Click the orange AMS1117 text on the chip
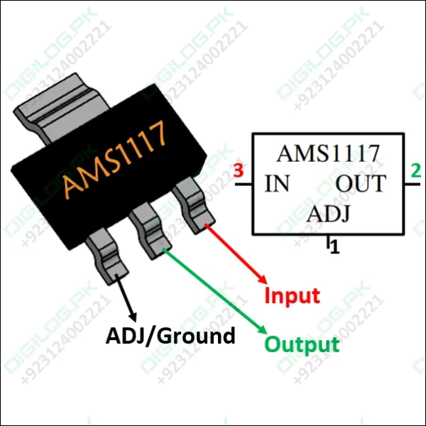[x=115, y=158]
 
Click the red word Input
[x=292, y=295]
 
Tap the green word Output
[x=302, y=345]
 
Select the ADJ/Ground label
[x=170, y=335]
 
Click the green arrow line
[x=213, y=291]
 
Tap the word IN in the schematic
[x=277, y=184]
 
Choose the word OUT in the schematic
[x=360, y=184]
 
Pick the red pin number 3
[x=239, y=170]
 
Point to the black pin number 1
[x=335, y=248]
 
